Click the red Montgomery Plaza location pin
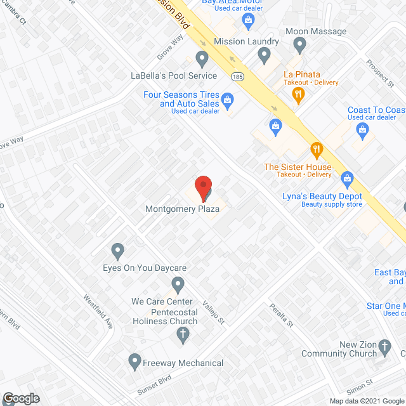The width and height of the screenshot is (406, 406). pos(202,188)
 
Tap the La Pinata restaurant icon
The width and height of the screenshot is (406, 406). pos(298,95)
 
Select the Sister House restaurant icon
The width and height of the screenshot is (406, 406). pos(317,150)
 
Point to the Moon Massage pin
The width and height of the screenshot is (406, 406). pos(300,44)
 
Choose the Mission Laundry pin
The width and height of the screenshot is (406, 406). pos(265,56)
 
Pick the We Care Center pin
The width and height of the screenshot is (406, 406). pos(178,285)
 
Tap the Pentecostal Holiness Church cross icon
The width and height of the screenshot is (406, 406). pos(183,335)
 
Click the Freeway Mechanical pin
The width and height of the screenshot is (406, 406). pos(134,362)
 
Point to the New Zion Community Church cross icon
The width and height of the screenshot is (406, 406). pos(385,348)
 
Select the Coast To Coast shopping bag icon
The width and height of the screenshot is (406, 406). pos(362,132)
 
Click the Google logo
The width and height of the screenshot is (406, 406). pos(20,398)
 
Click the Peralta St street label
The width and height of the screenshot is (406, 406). pos(280,314)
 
